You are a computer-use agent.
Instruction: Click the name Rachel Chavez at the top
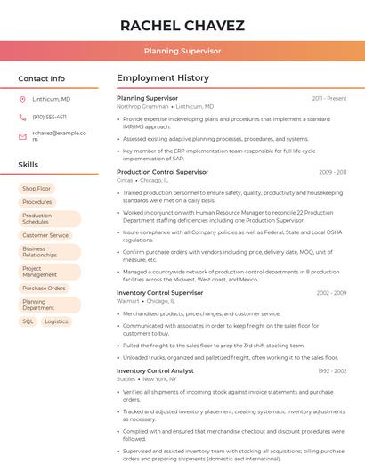pos(182,25)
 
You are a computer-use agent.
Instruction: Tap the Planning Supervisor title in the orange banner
pos(182,52)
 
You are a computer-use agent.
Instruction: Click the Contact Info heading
pos(41,78)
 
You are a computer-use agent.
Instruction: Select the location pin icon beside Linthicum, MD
pos(22,100)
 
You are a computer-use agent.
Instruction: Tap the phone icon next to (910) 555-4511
pos(22,118)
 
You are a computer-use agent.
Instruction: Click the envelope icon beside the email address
pos(22,136)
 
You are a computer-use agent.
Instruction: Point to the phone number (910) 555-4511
pos(49,118)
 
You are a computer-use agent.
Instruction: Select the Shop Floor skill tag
pos(36,189)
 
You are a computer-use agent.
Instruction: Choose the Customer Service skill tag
pos(45,235)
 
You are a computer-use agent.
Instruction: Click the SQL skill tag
pos(28,321)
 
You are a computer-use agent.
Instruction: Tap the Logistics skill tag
pos(56,321)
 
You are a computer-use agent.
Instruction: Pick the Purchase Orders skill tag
pos(44,289)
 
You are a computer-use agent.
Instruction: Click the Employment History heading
pos(163,78)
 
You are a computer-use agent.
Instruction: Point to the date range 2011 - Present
pos(328,98)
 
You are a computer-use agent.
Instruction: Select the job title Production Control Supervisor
pos(162,172)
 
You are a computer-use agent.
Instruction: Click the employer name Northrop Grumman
pos(142,106)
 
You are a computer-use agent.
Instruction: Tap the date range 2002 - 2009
pos(331,293)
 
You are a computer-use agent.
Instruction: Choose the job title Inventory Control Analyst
pos(155,370)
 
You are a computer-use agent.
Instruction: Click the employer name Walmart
pos(128,301)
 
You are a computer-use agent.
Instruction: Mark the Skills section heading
pos(28,165)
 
